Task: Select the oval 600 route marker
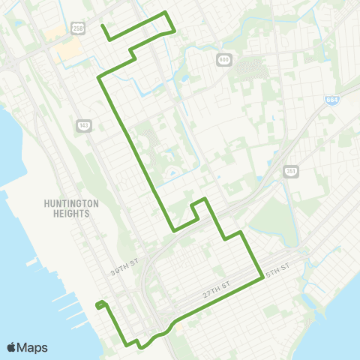(223, 58)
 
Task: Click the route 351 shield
(292, 172)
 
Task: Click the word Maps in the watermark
(33, 347)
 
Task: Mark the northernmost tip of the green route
(165, 13)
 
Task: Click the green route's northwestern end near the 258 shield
(103, 29)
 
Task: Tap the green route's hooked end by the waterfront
(97, 305)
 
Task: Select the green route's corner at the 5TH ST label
(260, 275)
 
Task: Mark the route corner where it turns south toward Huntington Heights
(99, 78)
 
